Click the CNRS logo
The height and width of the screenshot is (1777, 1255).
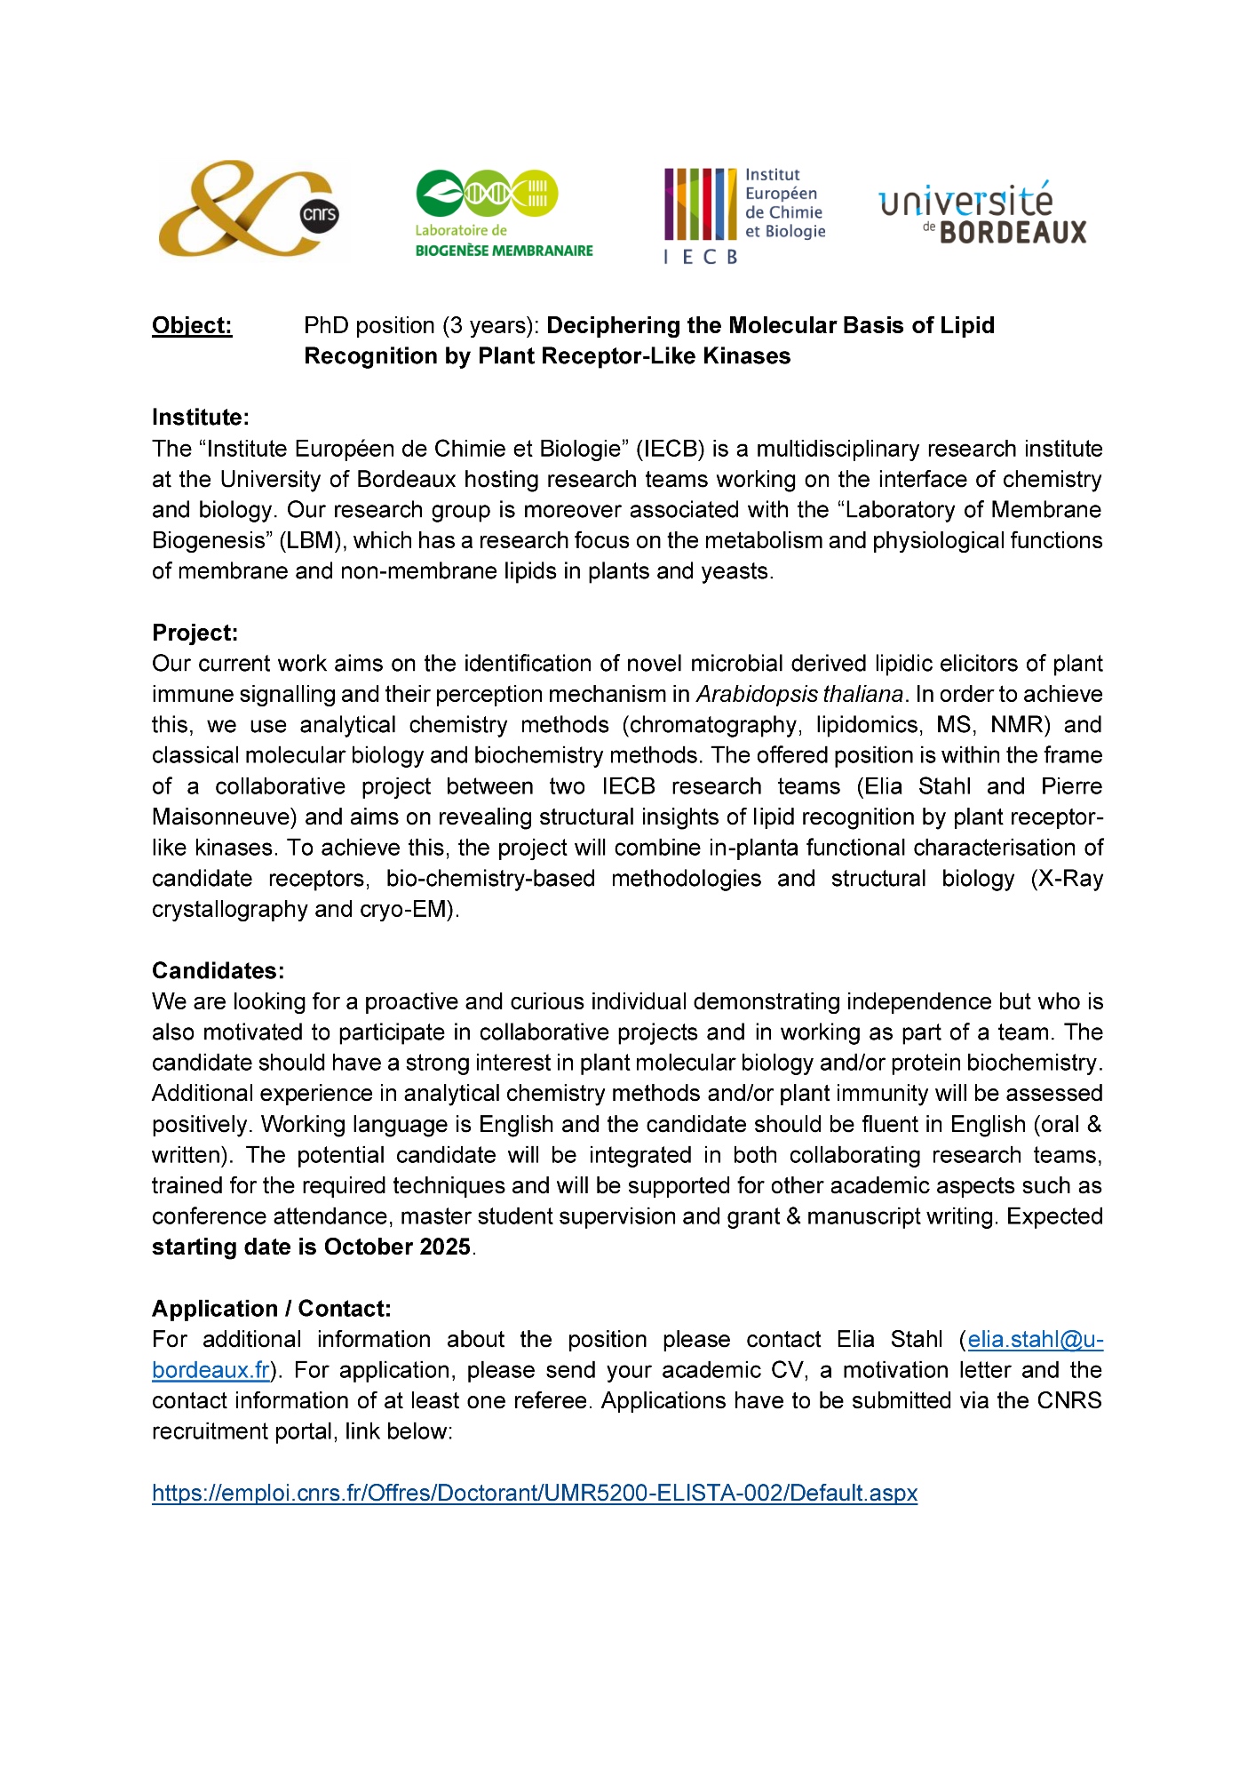[248, 209]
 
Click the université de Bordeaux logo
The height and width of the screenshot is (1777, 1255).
[982, 213]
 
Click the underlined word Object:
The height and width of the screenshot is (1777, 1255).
[192, 326]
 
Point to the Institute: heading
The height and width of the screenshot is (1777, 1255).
[201, 418]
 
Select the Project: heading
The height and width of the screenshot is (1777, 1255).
[195, 633]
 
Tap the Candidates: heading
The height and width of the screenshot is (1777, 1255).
[218, 970]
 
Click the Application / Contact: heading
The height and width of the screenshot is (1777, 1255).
[272, 1309]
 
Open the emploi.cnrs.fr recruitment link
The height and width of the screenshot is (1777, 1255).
[535, 1493]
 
